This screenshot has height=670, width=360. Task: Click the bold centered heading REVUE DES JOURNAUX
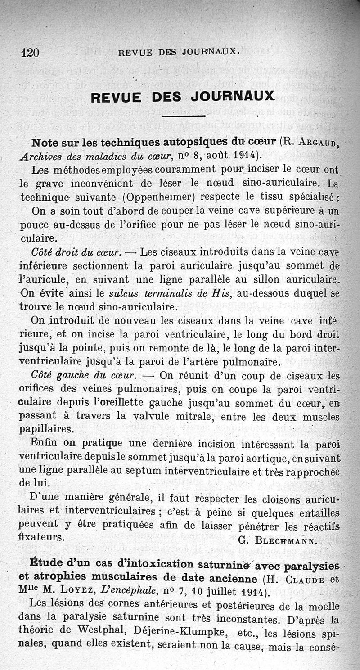(183, 97)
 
